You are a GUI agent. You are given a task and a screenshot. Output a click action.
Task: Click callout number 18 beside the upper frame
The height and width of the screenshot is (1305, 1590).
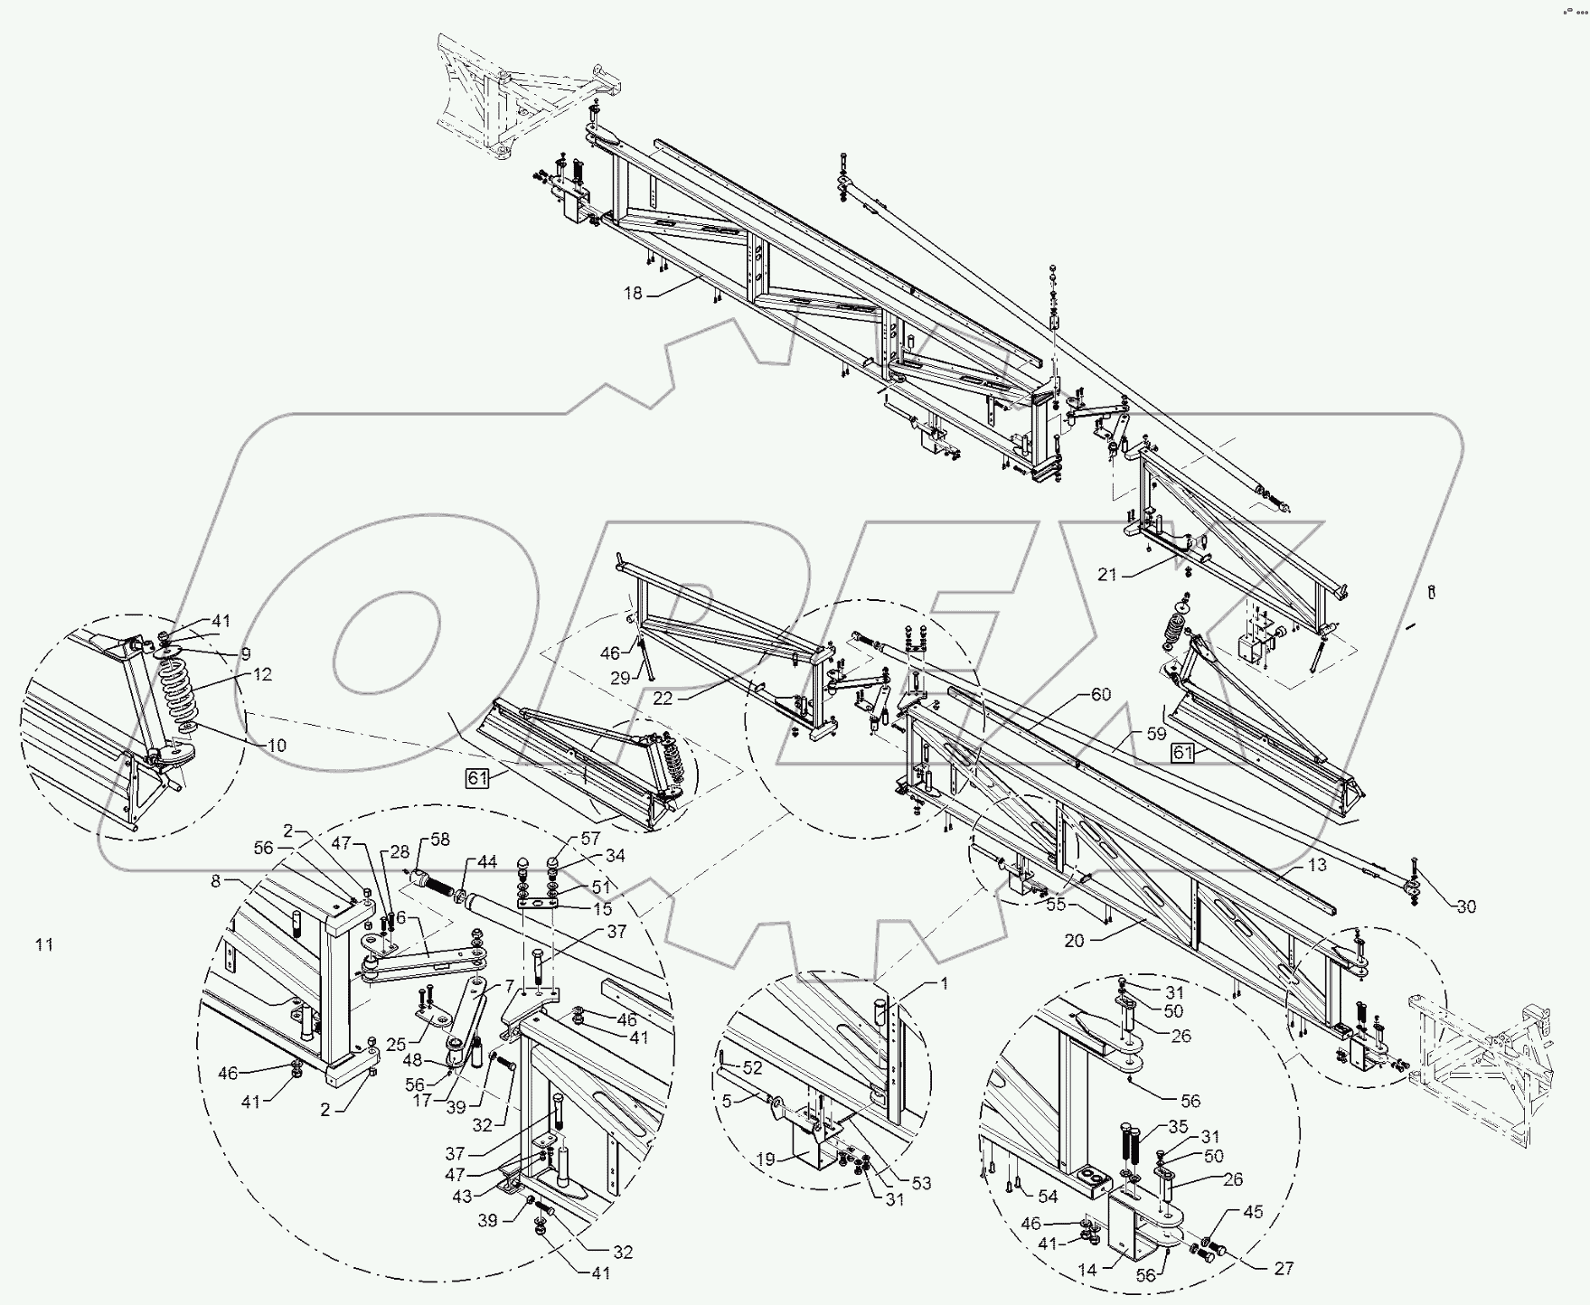(632, 293)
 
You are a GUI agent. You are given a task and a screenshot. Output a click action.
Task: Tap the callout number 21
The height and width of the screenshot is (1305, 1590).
(1108, 574)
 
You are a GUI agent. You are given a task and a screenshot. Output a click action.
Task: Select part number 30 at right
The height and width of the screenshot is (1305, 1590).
(1466, 906)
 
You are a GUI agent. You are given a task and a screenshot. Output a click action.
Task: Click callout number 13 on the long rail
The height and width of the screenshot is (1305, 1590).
(1317, 865)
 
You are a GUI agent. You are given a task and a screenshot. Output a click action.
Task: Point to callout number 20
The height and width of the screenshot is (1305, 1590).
(1074, 941)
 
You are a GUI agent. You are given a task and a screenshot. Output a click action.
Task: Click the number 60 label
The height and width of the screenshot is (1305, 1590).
(1100, 695)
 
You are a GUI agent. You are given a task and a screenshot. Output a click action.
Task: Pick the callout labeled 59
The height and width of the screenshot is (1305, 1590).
(1156, 735)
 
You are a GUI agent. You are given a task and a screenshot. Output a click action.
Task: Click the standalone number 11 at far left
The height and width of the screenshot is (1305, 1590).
(44, 944)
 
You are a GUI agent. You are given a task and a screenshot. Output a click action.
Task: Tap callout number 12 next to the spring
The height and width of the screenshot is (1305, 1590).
(262, 674)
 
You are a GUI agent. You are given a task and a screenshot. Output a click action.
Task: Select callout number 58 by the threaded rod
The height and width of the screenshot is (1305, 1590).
(440, 840)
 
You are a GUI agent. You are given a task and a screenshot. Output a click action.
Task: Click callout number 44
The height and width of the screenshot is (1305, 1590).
(487, 863)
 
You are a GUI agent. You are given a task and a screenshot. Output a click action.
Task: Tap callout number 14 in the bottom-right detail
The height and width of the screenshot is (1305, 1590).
(1087, 1270)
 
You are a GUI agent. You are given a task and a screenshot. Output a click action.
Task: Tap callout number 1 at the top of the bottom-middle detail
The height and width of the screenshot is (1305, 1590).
(945, 984)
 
